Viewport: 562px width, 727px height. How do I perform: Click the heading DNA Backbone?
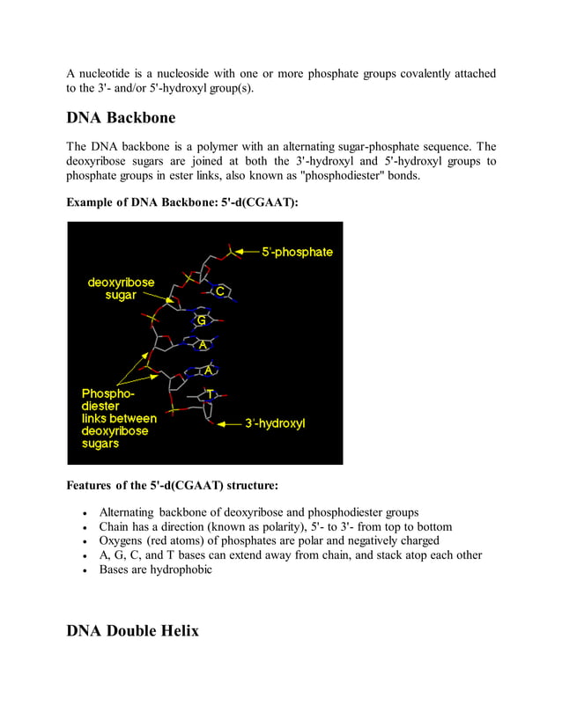tap(121, 118)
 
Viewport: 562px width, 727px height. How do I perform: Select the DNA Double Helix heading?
tap(132, 630)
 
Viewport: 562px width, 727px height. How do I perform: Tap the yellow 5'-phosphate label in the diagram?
tap(297, 252)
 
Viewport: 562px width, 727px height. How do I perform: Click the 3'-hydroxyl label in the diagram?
tap(275, 423)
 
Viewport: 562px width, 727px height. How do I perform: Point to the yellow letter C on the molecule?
tap(222, 291)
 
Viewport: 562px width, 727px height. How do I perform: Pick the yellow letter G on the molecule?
tap(201, 320)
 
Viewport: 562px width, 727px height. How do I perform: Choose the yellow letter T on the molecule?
tap(210, 393)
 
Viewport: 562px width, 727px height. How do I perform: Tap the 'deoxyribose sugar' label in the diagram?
tap(121, 289)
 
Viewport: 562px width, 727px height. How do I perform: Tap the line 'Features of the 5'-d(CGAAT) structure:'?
tap(173, 485)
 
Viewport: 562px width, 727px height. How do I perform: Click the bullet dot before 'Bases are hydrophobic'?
tap(83, 570)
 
